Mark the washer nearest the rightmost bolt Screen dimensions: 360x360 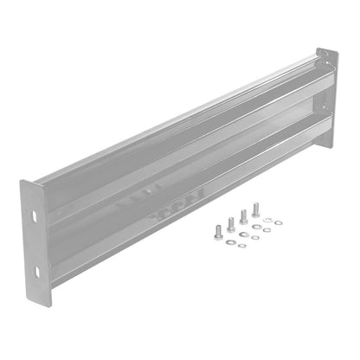coord(267,221)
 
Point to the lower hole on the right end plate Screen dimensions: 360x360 coord(326,107)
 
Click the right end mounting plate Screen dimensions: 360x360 coord(326,87)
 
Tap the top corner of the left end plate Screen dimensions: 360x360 coord(23,181)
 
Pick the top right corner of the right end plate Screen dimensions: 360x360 coord(335,52)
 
